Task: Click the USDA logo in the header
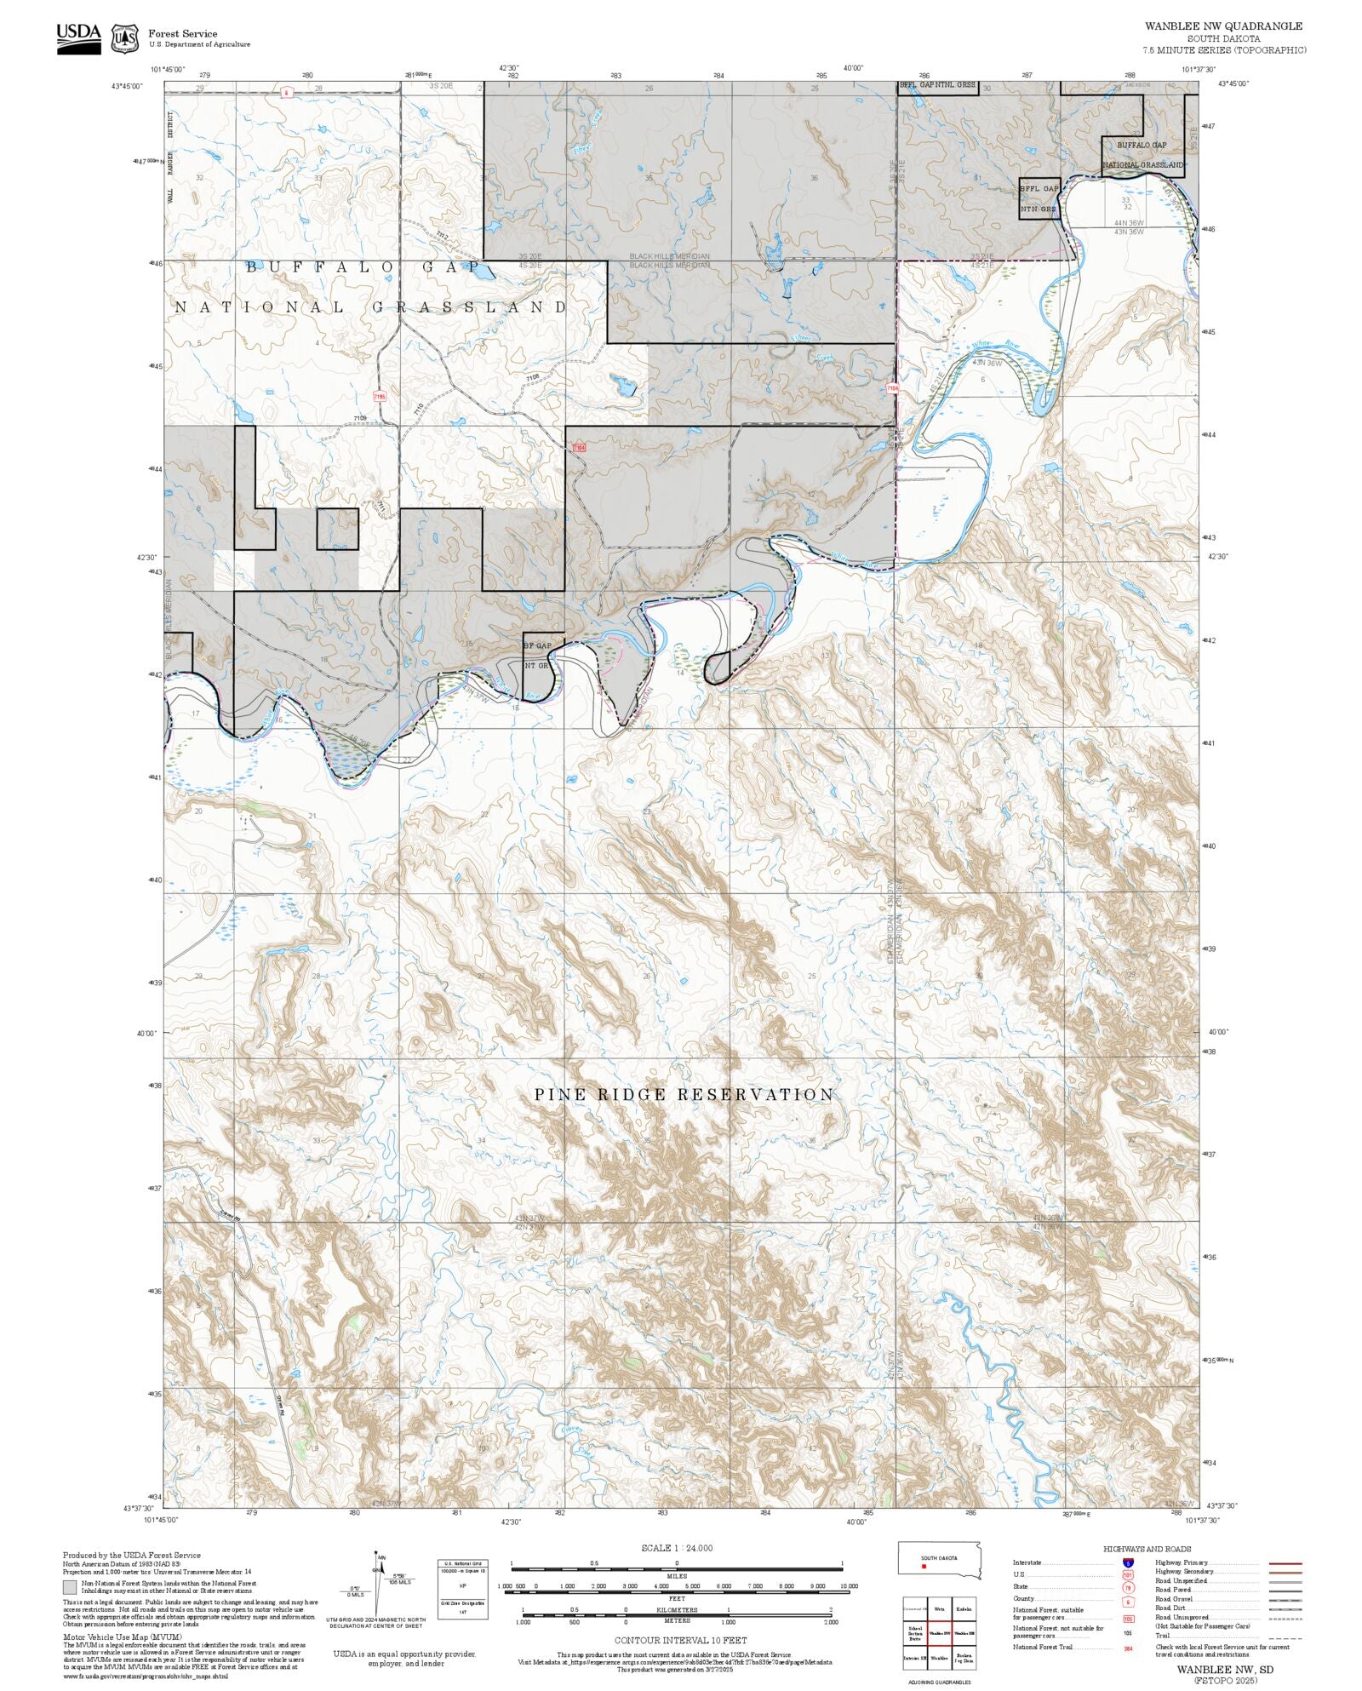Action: click(x=78, y=38)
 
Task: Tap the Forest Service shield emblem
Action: click(x=126, y=38)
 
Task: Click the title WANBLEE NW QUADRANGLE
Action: click(x=1222, y=26)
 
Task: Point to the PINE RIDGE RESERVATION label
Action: click(x=684, y=1095)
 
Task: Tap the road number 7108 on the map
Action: click(x=533, y=377)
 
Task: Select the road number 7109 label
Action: click(x=360, y=418)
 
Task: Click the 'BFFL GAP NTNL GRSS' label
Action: click(x=937, y=85)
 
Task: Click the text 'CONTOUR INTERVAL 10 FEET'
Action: click(x=680, y=1640)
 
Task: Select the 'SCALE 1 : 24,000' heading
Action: click(x=677, y=1548)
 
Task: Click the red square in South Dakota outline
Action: click(x=924, y=1567)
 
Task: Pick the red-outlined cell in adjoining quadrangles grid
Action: click(x=940, y=1633)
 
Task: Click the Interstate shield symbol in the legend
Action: click(x=1128, y=1563)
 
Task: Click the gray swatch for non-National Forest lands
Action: click(x=70, y=1587)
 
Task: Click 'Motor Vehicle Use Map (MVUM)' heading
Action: click(x=122, y=1637)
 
